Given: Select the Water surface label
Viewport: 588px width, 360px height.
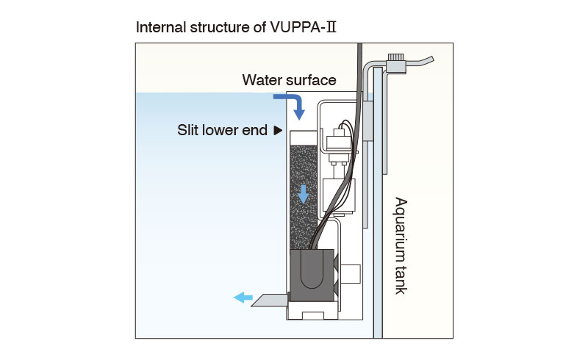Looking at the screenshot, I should coord(290,80).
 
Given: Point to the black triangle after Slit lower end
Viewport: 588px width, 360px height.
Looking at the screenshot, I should coord(277,130).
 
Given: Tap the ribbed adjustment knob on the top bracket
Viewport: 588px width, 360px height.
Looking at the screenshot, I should coord(397,57).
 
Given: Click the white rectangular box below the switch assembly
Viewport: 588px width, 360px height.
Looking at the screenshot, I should coord(339,195).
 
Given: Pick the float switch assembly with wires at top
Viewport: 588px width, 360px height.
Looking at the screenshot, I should coord(340,140).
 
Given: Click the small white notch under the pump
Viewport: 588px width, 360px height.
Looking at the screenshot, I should coord(312,317).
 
